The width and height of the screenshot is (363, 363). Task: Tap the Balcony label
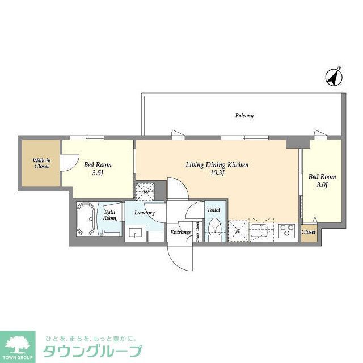244,116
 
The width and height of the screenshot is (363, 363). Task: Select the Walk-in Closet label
41,163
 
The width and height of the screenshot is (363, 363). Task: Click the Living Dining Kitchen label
218,165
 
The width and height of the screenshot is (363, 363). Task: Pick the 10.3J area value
218,173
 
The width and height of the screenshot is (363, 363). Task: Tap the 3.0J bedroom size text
322,185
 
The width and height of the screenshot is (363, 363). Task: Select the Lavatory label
145,213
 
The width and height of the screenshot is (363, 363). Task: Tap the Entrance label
181,232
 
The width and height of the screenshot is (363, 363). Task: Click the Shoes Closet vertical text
197,231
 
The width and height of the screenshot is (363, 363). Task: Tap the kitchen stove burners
287,230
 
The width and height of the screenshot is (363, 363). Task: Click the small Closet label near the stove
309,232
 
